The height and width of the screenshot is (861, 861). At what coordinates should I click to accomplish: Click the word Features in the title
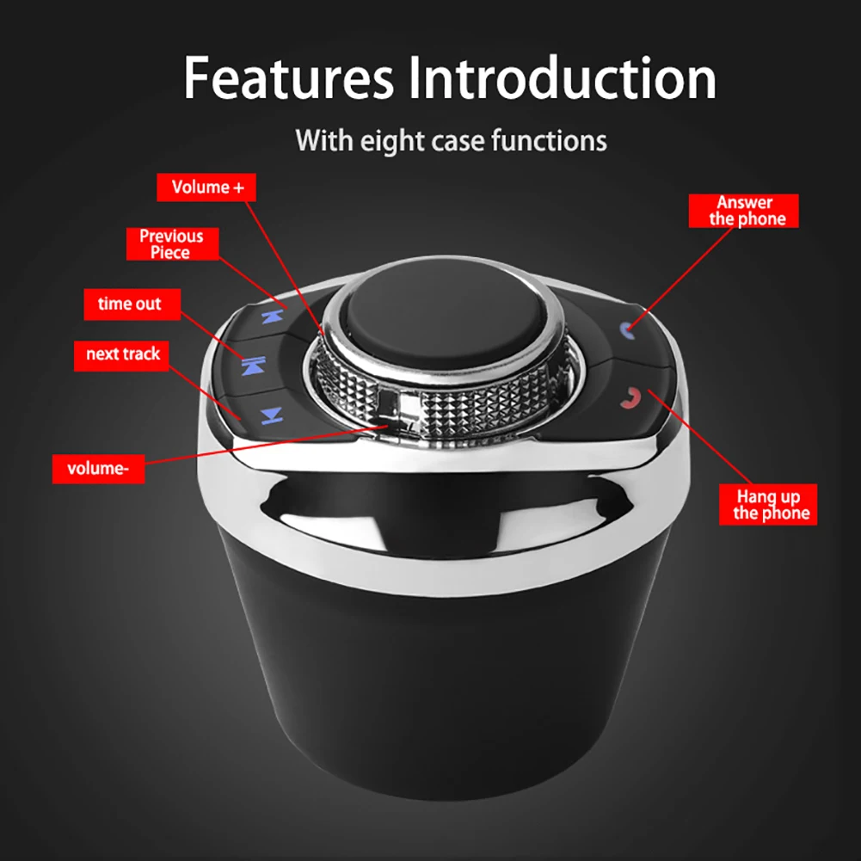pos(288,79)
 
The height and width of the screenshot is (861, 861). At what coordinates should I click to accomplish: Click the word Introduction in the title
pos(562,79)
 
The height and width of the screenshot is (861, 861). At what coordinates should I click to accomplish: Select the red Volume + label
pos(206,188)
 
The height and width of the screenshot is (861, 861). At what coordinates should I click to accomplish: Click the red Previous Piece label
pos(171,243)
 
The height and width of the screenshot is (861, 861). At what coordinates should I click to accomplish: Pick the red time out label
pos(129,304)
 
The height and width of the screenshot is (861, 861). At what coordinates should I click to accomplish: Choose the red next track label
pos(123,354)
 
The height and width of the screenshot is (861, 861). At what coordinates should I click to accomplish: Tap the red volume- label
pos(98,469)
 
